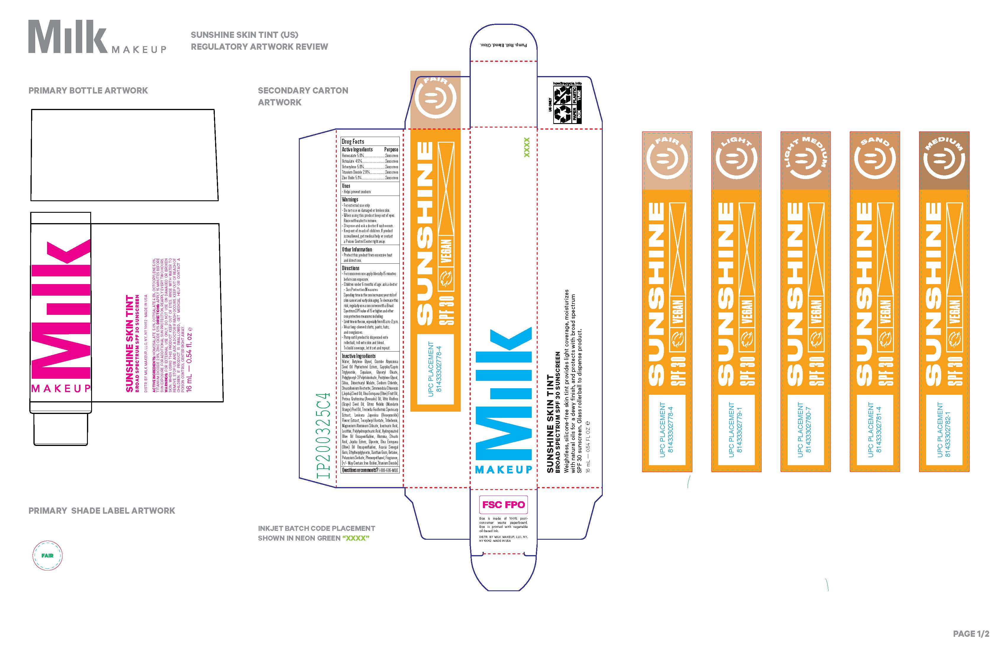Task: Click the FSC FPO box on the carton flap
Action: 503,505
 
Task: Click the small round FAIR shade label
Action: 47,555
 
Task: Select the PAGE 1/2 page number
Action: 971,634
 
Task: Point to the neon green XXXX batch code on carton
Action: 527,147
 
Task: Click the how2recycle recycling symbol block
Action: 567,103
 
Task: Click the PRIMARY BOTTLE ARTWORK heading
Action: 88,91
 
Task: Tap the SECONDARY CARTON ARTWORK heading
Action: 303,96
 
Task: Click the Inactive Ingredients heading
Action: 358,356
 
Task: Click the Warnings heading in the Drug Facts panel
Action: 350,199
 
